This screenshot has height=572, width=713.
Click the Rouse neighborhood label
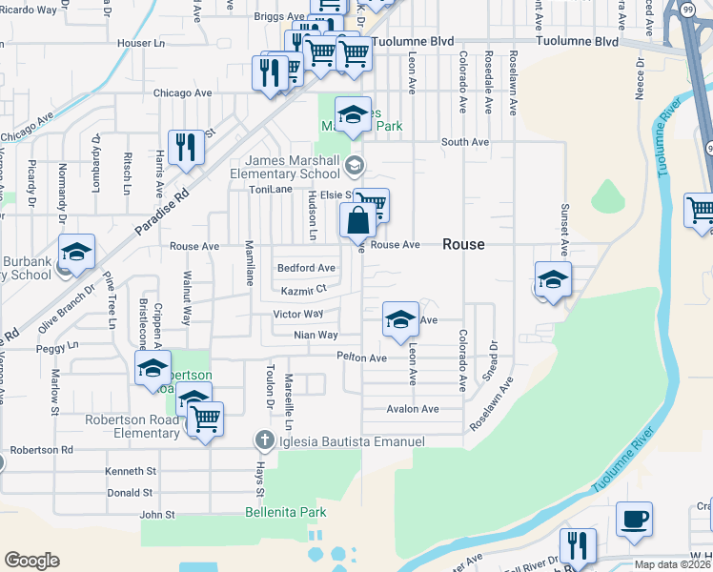(x=463, y=245)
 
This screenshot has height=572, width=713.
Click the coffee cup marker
(x=634, y=520)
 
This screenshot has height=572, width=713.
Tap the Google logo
(x=31, y=561)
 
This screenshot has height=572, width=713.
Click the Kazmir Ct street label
(x=304, y=290)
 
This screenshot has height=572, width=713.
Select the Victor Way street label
(x=298, y=314)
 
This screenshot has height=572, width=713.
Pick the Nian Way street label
(x=316, y=336)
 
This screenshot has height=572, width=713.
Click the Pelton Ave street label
(x=361, y=357)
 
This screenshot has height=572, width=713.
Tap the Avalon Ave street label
(x=412, y=409)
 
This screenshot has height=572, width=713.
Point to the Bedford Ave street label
(x=306, y=268)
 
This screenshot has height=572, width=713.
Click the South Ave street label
(x=464, y=142)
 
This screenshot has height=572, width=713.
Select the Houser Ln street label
(x=133, y=44)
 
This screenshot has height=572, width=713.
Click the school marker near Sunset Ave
(x=553, y=279)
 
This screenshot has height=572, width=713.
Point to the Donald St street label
(x=131, y=493)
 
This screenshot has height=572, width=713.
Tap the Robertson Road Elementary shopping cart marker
(x=205, y=419)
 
